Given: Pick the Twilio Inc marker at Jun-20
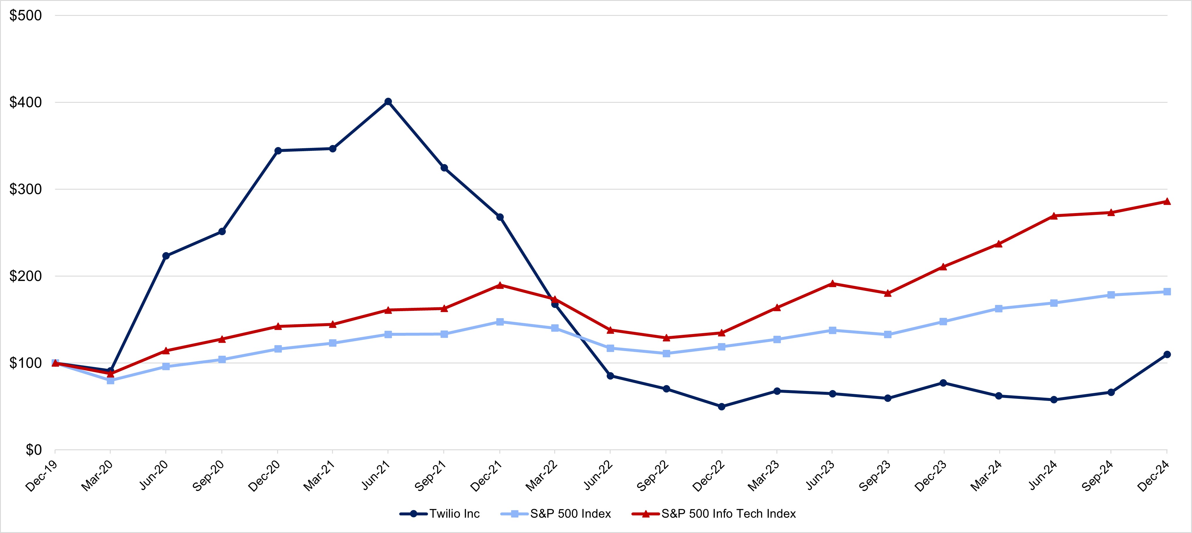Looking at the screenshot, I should [166, 256].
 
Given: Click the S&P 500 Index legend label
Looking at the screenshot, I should [570, 514].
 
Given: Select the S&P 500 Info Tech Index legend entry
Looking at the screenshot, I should [728, 514].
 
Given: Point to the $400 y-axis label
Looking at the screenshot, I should [26, 102].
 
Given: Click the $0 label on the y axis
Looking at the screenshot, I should [33, 450].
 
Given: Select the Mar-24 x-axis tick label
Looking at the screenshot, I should [986, 476].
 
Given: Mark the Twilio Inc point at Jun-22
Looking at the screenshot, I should [610, 376].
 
